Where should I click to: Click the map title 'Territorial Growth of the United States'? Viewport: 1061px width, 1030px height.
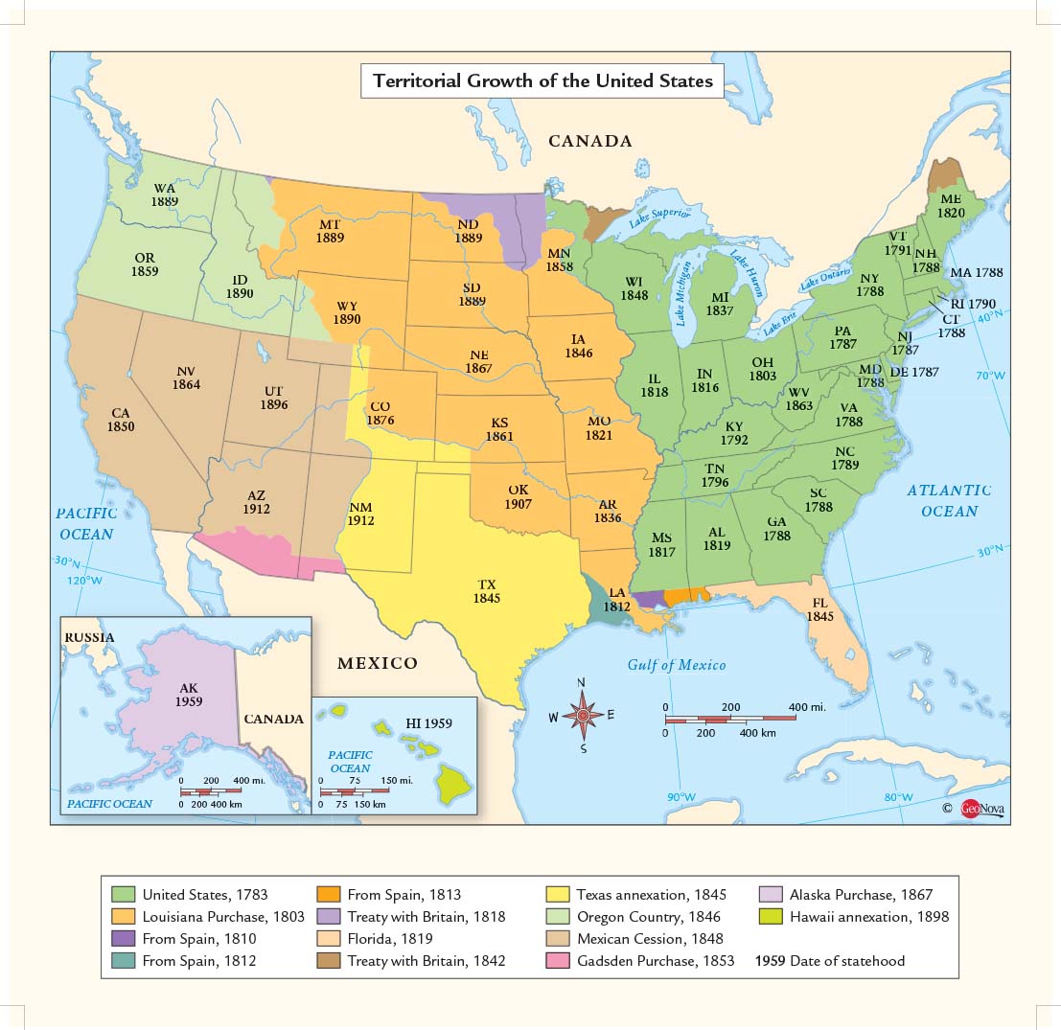pyautogui.click(x=542, y=80)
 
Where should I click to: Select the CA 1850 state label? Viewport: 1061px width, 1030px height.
pyautogui.click(x=121, y=420)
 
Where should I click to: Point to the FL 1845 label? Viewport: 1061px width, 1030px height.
pyautogui.click(x=819, y=609)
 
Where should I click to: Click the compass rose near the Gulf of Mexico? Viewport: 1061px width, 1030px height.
pyautogui.click(x=581, y=715)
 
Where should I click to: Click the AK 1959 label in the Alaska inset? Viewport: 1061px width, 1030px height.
pyautogui.click(x=188, y=695)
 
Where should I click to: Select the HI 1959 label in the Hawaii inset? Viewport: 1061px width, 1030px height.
pyautogui.click(x=427, y=724)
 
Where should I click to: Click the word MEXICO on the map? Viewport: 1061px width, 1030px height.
pyautogui.click(x=377, y=663)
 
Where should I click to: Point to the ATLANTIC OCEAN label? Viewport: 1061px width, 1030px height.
pyautogui.click(x=949, y=500)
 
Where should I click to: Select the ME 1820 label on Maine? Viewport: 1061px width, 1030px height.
pyautogui.click(x=950, y=205)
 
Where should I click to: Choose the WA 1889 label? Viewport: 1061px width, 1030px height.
pyautogui.click(x=164, y=195)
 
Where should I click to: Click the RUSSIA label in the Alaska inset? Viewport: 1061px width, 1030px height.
pyautogui.click(x=89, y=637)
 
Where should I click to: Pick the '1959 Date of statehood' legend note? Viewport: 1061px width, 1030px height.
pyautogui.click(x=830, y=960)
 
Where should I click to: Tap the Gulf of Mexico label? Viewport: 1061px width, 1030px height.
pyautogui.click(x=677, y=665)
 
